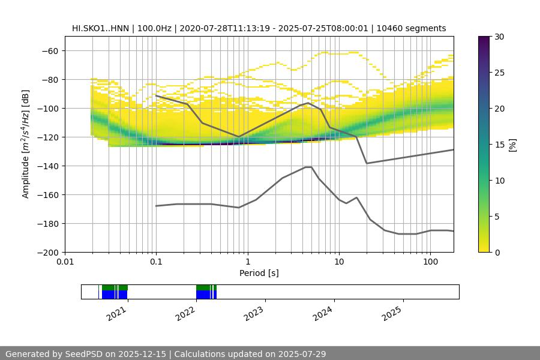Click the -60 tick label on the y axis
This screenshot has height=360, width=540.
[49, 51]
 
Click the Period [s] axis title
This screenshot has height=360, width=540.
[259, 273]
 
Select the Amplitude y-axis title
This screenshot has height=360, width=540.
[26, 144]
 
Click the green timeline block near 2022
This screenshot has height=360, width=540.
[205, 287]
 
